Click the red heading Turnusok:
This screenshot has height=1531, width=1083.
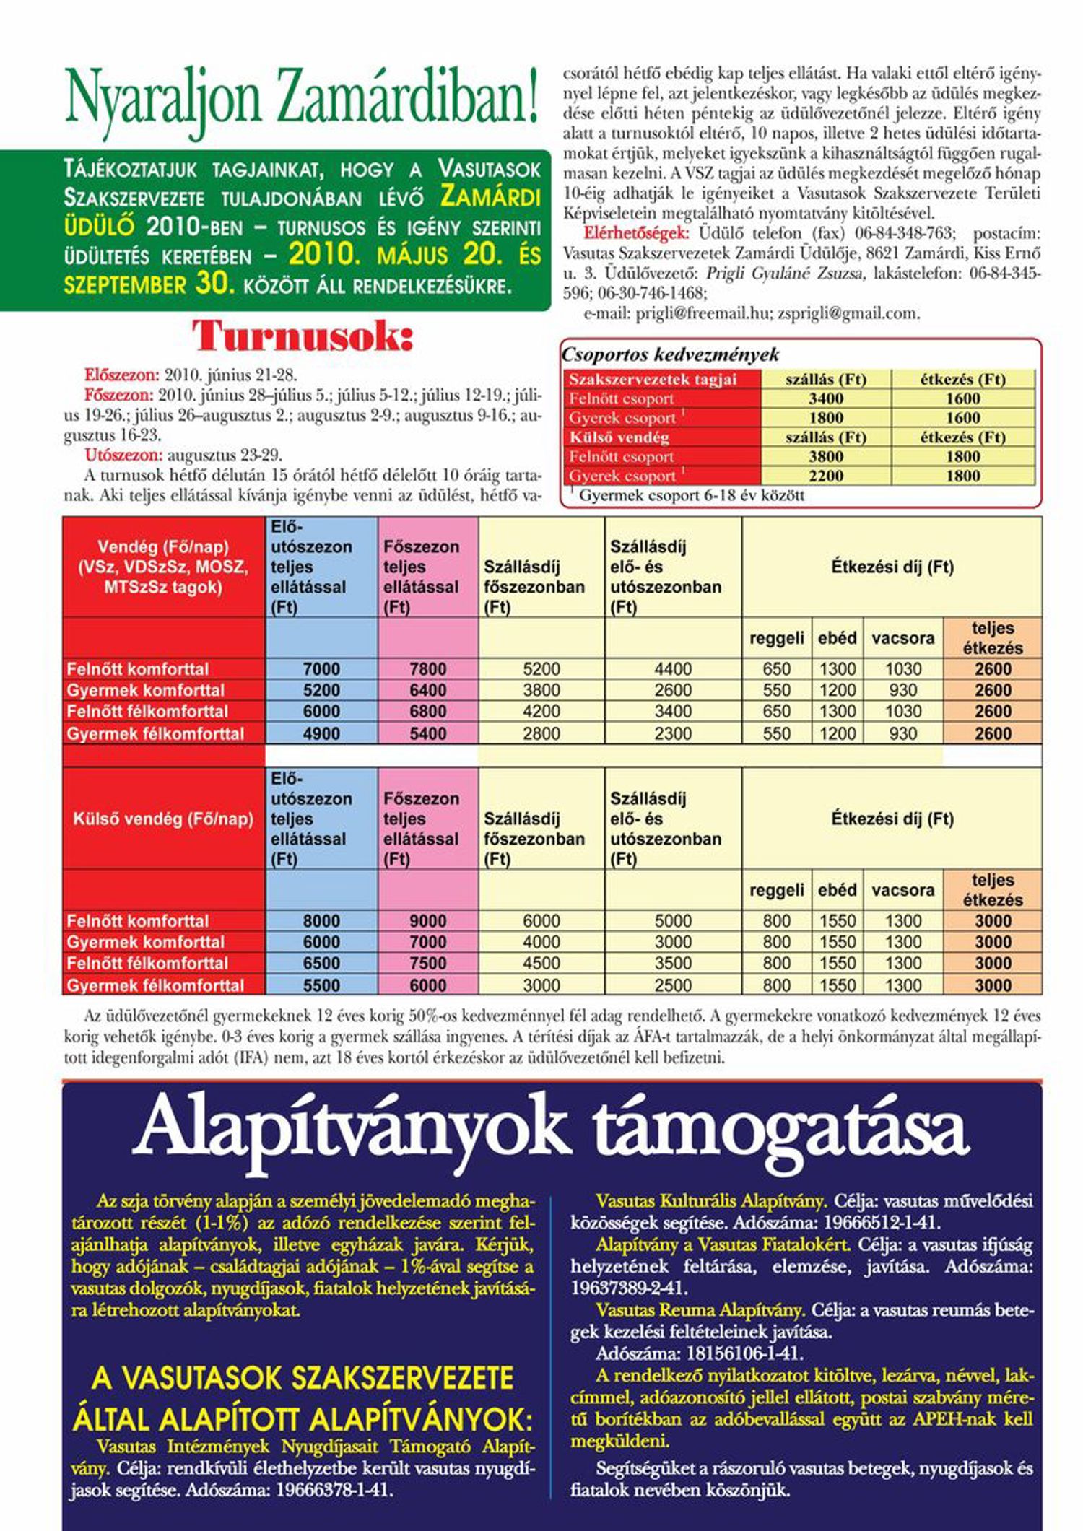click(x=303, y=336)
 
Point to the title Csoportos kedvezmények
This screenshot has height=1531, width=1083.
click(x=671, y=354)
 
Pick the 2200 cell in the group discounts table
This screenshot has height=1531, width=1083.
click(x=825, y=476)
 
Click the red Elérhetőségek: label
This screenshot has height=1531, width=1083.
click(x=636, y=234)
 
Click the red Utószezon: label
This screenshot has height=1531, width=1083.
click(x=123, y=455)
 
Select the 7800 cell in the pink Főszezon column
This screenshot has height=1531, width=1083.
click(x=427, y=669)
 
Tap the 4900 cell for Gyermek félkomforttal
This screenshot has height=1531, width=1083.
click(x=321, y=734)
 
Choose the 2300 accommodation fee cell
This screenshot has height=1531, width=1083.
click(x=672, y=734)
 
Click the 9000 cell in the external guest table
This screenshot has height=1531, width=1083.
click(x=427, y=921)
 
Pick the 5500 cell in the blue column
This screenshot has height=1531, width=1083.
click(x=321, y=985)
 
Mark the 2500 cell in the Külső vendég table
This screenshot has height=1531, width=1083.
click(x=672, y=985)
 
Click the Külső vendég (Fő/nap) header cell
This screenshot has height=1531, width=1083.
click(x=163, y=819)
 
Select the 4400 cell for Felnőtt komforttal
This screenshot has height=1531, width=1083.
click(x=672, y=669)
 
